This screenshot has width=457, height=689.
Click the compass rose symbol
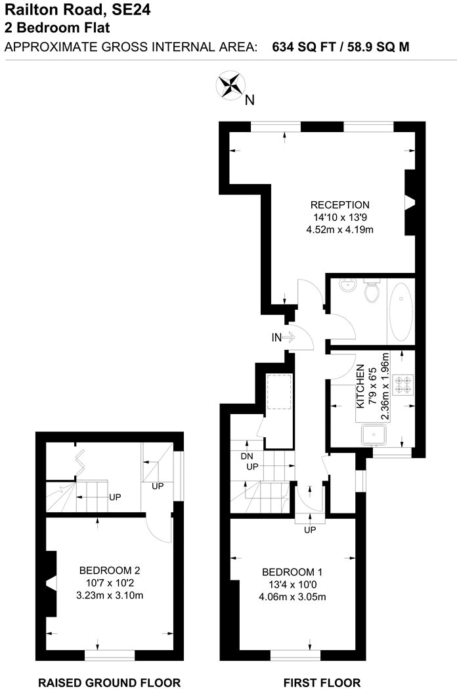230,84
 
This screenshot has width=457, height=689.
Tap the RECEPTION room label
339,204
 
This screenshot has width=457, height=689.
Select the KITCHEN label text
360,389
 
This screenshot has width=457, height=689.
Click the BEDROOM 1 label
292,571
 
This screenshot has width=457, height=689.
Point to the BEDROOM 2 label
109,570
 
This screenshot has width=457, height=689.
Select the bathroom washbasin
347,286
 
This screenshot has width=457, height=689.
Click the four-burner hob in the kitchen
403,383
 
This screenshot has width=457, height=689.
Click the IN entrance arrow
285,337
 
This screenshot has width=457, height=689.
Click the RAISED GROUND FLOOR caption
109,682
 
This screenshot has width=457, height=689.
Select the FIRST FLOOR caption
322,682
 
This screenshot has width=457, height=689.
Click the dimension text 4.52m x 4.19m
339,229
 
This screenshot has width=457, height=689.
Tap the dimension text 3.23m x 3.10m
109,596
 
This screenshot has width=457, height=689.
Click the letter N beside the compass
250,100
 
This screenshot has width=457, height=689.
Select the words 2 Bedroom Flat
56,28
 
